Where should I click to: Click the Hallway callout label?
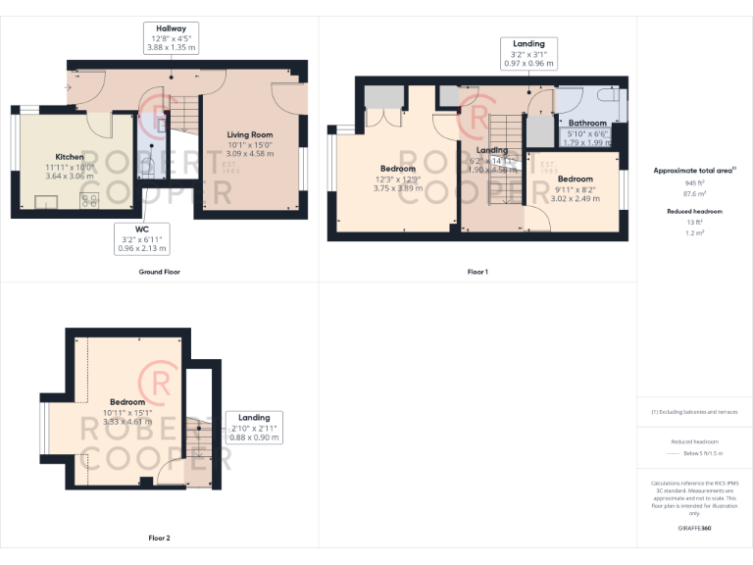172,37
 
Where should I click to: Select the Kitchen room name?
69,157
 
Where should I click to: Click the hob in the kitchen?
92,201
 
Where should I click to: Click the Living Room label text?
250,134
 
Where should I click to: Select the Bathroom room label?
587,123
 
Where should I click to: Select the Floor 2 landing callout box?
254,427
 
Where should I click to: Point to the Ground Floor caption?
159,271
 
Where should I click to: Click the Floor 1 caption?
477,271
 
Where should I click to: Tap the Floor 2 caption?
159,538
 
